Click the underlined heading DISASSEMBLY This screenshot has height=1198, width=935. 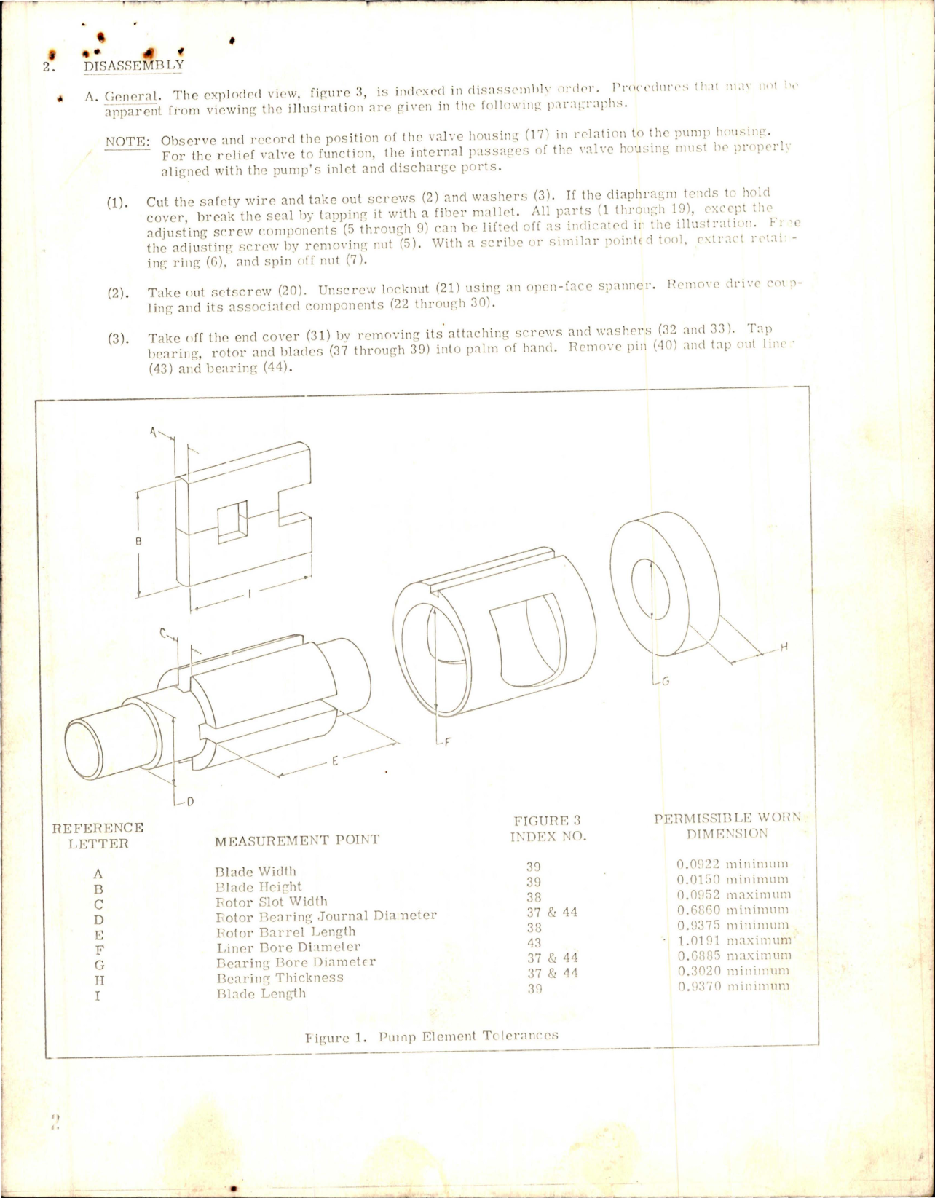point(134,65)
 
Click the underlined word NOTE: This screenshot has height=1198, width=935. point(127,141)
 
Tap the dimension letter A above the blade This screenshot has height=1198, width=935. point(153,431)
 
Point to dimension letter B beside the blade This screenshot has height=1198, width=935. point(138,541)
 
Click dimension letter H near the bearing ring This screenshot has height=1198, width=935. point(784,647)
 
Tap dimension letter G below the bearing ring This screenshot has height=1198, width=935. point(664,682)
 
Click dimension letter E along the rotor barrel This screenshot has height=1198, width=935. point(334,762)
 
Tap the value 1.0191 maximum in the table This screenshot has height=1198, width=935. point(733,940)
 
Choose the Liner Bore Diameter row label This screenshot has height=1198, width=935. point(288,947)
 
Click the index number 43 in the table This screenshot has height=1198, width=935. point(534,942)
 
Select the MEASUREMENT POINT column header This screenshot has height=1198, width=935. point(296,840)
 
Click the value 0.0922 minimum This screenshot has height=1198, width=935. point(732,864)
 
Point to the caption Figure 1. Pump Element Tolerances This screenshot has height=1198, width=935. point(432,1035)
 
